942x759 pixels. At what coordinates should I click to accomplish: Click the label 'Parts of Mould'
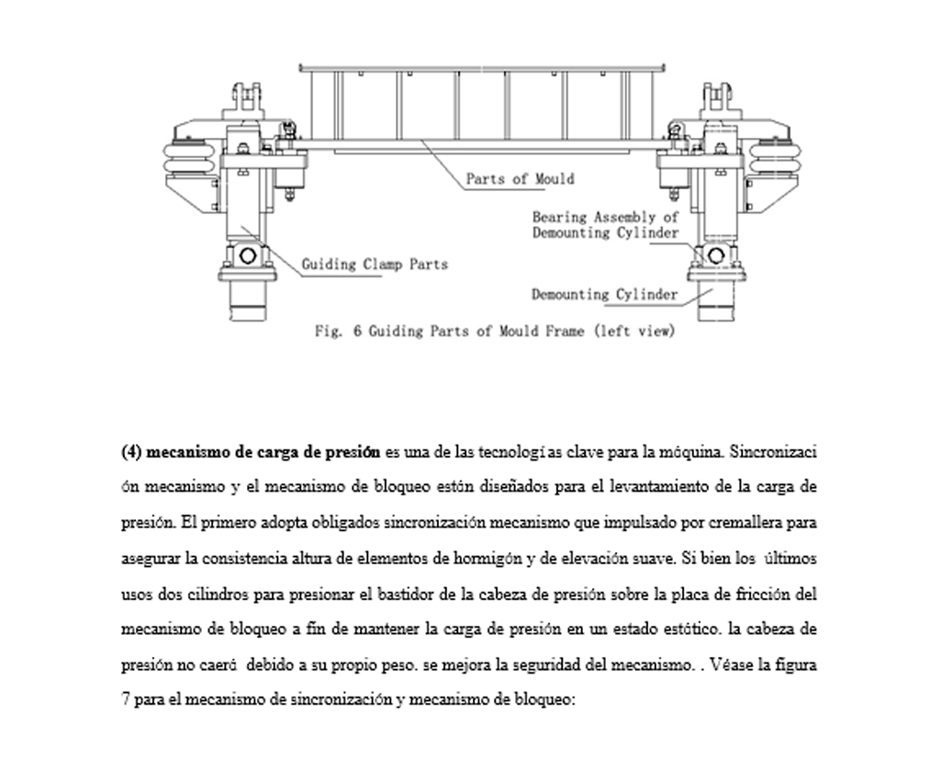coord(520,178)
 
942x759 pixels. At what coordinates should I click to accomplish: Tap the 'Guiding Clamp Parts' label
coord(375,265)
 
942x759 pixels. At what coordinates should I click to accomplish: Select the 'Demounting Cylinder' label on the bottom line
coord(605,295)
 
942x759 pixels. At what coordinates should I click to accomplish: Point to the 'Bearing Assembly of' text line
coord(606,218)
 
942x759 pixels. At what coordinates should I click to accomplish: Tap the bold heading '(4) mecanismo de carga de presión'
coord(250,452)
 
